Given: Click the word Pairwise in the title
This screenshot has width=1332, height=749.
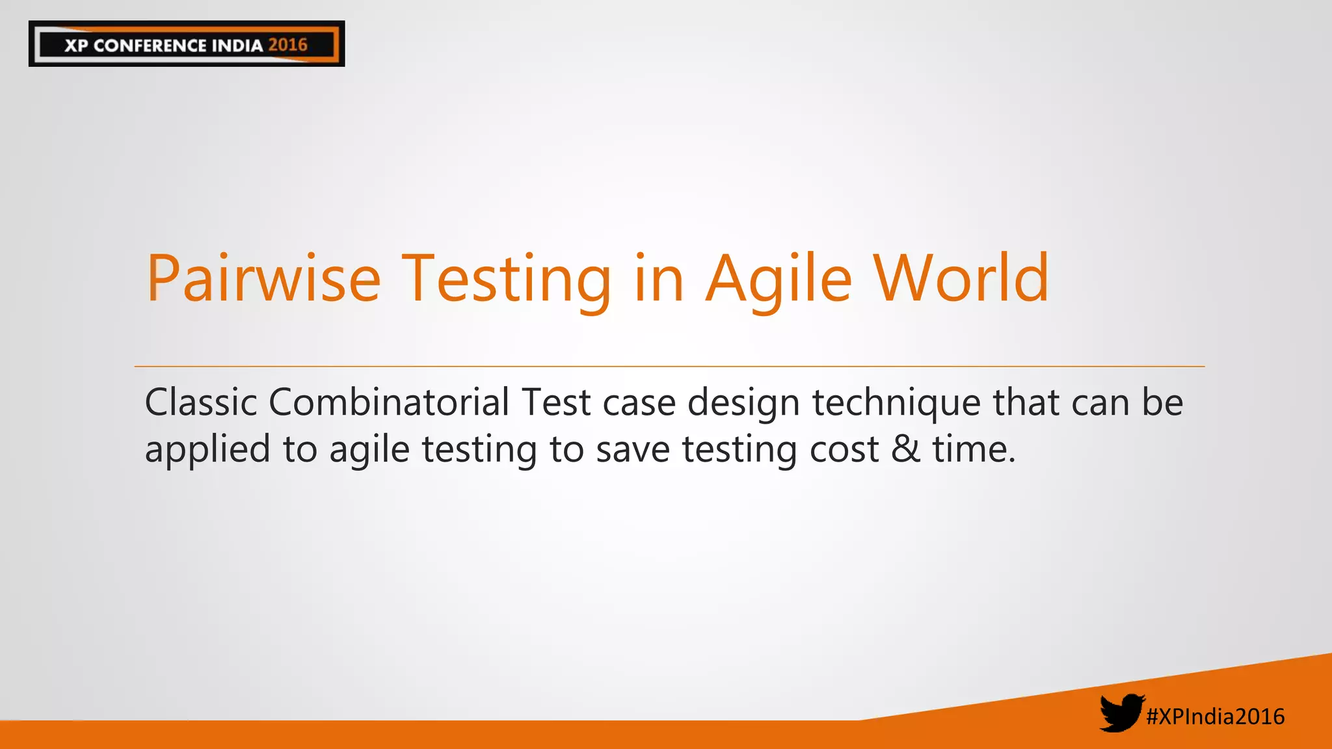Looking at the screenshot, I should point(263,279).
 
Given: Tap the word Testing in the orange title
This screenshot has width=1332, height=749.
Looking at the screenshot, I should point(506,279).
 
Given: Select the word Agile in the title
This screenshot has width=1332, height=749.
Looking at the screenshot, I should point(779,279).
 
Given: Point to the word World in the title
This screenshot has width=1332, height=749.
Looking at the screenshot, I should point(961,279).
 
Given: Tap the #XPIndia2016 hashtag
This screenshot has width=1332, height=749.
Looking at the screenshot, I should point(1215,716).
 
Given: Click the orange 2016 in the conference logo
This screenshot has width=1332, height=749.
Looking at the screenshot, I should point(287,45).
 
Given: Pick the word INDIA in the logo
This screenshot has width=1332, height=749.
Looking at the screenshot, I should point(237,46).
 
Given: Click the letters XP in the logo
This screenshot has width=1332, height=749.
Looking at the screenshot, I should point(76,46).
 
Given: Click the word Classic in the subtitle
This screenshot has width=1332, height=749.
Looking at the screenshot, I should point(201,402).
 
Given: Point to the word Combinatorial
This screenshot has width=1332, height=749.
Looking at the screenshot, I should point(388,402).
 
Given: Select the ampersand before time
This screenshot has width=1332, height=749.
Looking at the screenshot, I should point(906,449).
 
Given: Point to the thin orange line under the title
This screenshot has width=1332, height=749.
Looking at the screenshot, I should point(669,367).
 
